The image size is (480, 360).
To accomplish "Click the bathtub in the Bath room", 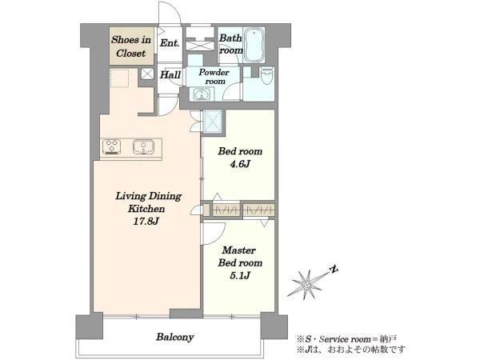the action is tap(254, 45).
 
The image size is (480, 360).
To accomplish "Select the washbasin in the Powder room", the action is tap(202, 94).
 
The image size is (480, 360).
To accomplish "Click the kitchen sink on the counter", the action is tap(143, 146).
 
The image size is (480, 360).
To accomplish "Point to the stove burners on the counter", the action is tap(111, 146).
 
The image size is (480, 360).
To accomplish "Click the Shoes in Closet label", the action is tap(131, 46).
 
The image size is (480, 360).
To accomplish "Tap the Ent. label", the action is tap(170, 43).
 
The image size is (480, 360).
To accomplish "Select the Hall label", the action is tap(170, 74).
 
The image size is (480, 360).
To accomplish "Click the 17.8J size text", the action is tap(146, 221).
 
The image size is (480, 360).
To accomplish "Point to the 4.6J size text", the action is tap(240, 164).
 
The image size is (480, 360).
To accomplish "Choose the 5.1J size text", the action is tap(240, 275).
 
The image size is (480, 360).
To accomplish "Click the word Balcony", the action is tap(174, 337).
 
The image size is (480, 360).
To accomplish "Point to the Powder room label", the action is tap(214, 77).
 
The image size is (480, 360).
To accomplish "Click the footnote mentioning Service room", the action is tap(346, 339).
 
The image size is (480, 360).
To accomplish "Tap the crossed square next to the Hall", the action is tap(147, 74).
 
